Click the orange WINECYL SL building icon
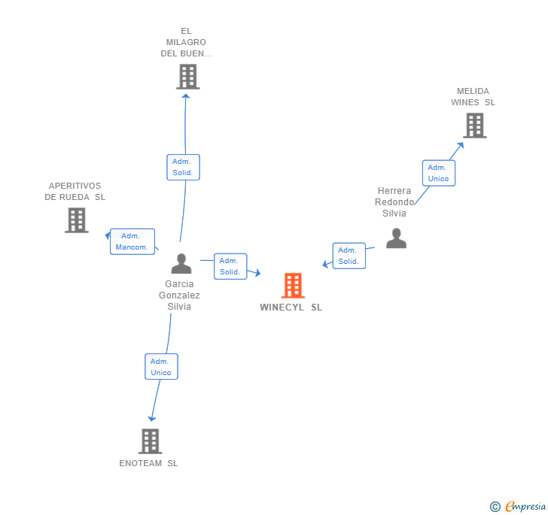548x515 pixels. click(x=293, y=286)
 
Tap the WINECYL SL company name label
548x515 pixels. click(x=291, y=307)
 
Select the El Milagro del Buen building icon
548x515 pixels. click(x=187, y=77)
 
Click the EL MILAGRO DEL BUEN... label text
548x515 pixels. click(x=186, y=43)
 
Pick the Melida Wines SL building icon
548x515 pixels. click(x=474, y=126)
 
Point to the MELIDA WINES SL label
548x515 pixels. click(x=473, y=97)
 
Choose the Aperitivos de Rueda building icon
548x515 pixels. click(x=77, y=220)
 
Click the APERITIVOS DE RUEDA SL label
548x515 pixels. click(x=75, y=192)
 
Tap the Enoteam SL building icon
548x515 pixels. click(x=151, y=441)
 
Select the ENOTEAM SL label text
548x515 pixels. click(x=148, y=463)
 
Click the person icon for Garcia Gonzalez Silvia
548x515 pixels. click(x=181, y=263)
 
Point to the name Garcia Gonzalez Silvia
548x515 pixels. click(x=179, y=295)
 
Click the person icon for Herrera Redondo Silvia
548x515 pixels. click(x=396, y=238)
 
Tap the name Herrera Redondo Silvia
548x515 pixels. click(x=394, y=202)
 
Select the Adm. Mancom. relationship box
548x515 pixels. click(x=132, y=241)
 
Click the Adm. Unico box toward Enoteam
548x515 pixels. click(x=161, y=367)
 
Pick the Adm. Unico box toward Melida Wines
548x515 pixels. click(x=438, y=173)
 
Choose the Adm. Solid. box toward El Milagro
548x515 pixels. click(x=183, y=167)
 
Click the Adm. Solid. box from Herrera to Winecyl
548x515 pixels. click(x=349, y=256)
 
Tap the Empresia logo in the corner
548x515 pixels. click(x=519, y=506)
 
